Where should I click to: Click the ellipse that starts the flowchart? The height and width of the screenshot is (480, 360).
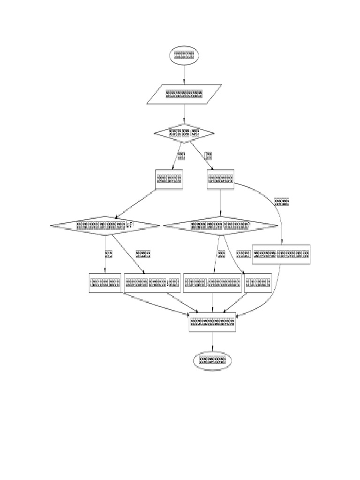pyautogui.click(x=184, y=56)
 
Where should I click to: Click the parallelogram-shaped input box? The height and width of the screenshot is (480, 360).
pyautogui.click(x=184, y=94)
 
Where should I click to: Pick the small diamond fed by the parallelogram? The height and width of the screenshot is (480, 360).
pyautogui.click(x=184, y=133)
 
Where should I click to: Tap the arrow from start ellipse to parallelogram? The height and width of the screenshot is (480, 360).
pyautogui.click(x=184, y=75)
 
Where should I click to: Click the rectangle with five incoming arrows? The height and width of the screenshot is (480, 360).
pyautogui.click(x=212, y=322)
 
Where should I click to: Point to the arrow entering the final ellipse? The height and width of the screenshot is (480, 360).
pyautogui.click(x=212, y=341)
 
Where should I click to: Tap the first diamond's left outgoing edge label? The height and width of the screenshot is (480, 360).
pyautogui.click(x=181, y=155)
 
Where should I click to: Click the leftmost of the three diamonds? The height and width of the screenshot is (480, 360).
pyautogui.click(x=105, y=225)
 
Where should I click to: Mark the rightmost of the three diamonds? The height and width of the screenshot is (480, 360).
pyautogui.click(x=220, y=225)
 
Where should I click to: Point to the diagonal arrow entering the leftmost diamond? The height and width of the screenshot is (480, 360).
pyautogui.click(x=136, y=202)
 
